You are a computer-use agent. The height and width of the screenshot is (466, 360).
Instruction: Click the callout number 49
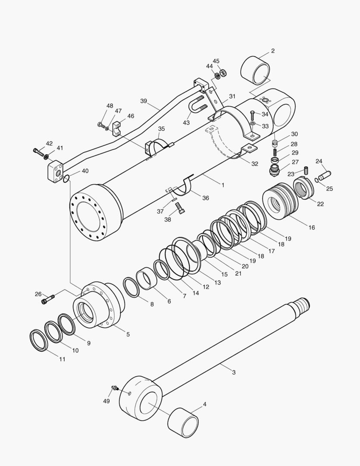pos(106,401)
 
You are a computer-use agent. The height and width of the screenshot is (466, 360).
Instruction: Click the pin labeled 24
pos(325,174)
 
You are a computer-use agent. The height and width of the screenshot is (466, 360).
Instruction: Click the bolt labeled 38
pos(181,210)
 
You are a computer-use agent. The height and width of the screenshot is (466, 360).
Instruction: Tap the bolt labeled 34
pos(253,115)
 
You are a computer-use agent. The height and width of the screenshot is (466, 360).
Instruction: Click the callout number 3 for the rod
pos(234,372)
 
